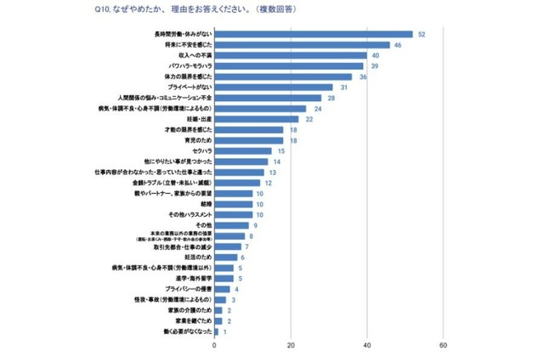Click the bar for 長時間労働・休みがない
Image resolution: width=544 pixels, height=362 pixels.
[x=313, y=34]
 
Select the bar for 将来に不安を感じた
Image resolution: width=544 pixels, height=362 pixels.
[x=302, y=45]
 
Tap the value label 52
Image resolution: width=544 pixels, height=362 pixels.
[x=421, y=34]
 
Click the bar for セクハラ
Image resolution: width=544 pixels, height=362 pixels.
[x=243, y=151]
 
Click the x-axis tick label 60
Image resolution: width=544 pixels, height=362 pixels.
[x=443, y=346]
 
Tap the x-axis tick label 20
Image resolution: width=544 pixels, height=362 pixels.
[x=291, y=346]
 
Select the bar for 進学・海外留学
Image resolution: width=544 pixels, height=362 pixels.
[x=224, y=278]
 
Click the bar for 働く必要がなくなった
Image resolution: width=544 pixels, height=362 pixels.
[x=216, y=331]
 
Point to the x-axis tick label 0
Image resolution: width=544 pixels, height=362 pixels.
[x=214, y=346]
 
